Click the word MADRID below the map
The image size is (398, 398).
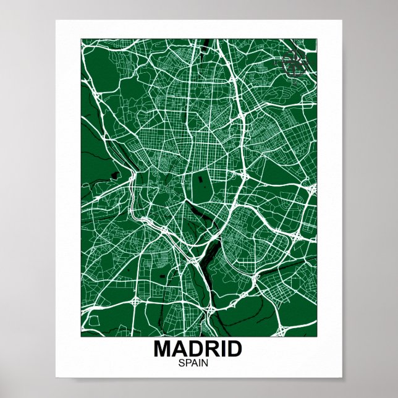click(x=198, y=349)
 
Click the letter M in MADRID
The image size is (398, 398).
click(x=163, y=349)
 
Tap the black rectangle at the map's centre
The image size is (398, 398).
click(x=201, y=184)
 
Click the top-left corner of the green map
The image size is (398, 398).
click(x=81, y=39)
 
